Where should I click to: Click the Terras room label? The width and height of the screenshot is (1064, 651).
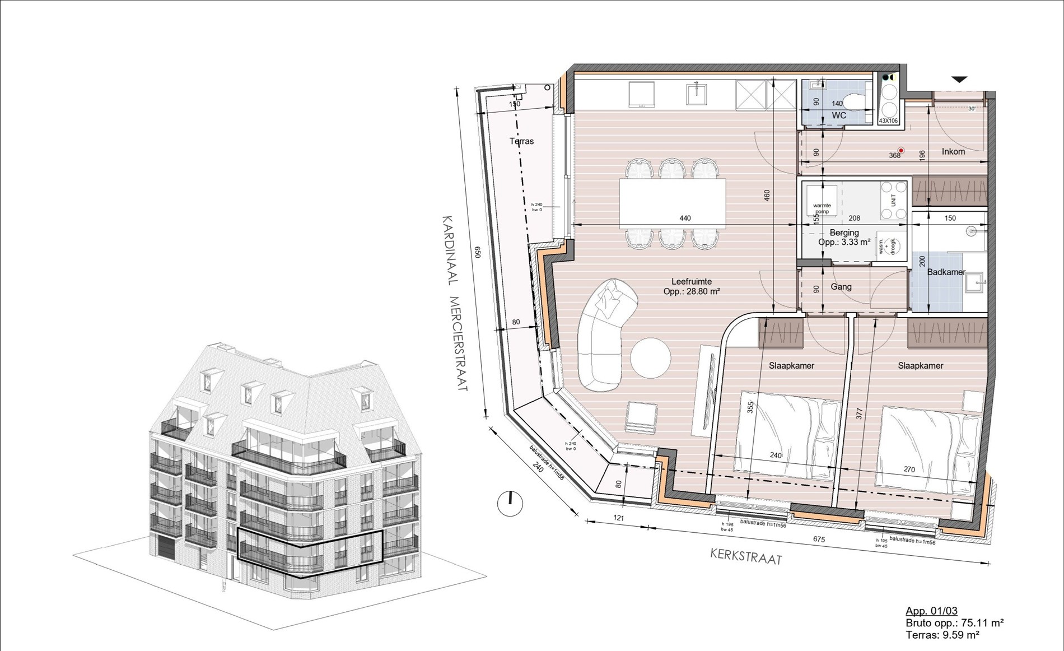click(x=521, y=141)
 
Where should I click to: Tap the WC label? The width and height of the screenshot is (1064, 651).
click(x=838, y=115)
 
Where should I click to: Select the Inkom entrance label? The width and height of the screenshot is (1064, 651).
click(x=953, y=151)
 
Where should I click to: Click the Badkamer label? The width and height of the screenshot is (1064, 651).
click(x=946, y=272)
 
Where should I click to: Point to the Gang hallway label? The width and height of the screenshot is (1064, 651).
click(x=841, y=287)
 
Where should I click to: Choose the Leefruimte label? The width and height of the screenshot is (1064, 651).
click(x=692, y=282)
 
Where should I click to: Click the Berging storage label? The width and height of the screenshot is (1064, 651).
click(x=844, y=232)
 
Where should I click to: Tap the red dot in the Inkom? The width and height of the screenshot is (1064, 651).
click(x=901, y=150)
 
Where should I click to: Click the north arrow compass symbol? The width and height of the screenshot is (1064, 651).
click(x=510, y=503)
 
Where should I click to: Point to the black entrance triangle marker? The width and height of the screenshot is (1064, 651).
click(x=959, y=80)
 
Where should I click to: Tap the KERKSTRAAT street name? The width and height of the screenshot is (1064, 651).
click(x=746, y=556)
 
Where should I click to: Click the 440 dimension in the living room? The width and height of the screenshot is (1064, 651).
click(x=685, y=218)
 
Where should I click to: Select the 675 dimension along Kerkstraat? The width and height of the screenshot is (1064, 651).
click(x=819, y=539)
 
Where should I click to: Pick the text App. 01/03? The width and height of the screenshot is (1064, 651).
click(x=931, y=611)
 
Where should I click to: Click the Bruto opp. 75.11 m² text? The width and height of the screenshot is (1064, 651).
click(x=954, y=622)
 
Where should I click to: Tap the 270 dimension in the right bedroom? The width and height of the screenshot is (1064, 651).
click(x=909, y=469)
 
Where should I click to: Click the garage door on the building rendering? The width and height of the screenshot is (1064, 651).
click(x=165, y=547)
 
